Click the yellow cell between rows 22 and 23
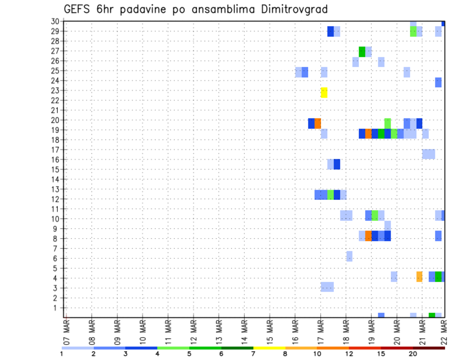pos(324,92)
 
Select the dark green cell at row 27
pos(362,51)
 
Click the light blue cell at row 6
pos(349,256)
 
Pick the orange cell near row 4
pos(419,277)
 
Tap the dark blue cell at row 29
pos(331,31)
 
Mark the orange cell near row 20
pos(317,123)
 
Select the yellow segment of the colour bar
pos(269,348)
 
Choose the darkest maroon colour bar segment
pos(429,348)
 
